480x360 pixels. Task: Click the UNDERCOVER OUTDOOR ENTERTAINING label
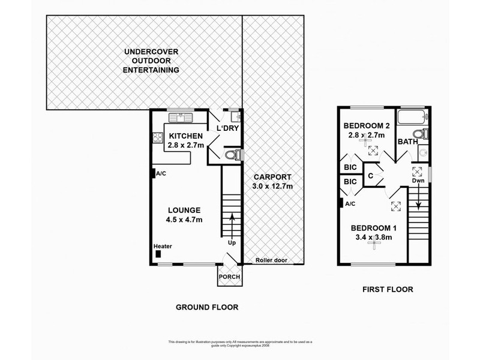click(x=152, y=61)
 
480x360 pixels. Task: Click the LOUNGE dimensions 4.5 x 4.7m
click(x=185, y=220)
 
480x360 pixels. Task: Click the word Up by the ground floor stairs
click(x=231, y=244)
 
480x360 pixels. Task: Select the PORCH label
click(x=230, y=277)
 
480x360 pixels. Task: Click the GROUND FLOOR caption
click(x=207, y=307)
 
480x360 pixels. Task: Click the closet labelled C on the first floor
click(x=371, y=176)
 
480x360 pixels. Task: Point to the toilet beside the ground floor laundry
click(x=232, y=156)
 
